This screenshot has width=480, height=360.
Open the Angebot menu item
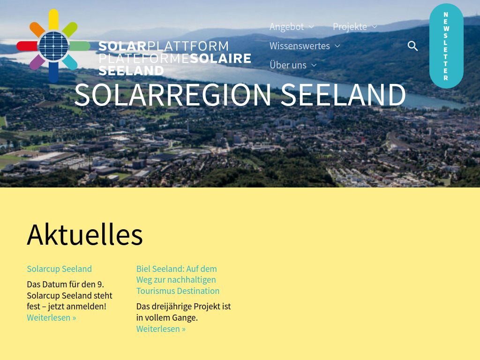(286, 27)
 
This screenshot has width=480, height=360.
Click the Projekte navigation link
(350, 27)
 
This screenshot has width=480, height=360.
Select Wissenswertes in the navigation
(300, 46)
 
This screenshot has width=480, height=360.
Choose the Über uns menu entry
(288, 65)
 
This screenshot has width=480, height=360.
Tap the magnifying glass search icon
(412, 46)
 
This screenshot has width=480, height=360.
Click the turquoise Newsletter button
(446, 46)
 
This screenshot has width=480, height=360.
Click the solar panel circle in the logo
(53, 45)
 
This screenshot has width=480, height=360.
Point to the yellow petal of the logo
(53, 19)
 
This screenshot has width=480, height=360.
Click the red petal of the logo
(27, 46)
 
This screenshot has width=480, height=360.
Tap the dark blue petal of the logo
(53, 73)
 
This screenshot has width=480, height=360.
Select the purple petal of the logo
(37, 62)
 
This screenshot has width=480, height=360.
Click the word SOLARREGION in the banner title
(172, 95)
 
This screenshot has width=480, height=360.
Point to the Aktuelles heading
(85, 234)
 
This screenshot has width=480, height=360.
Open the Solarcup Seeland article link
(59, 269)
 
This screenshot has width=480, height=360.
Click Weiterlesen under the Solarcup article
(51, 318)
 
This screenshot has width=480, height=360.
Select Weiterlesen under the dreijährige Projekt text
(161, 329)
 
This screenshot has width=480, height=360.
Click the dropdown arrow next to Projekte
(375, 27)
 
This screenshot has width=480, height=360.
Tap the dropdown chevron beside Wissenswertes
(337, 46)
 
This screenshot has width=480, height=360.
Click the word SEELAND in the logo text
(131, 71)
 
